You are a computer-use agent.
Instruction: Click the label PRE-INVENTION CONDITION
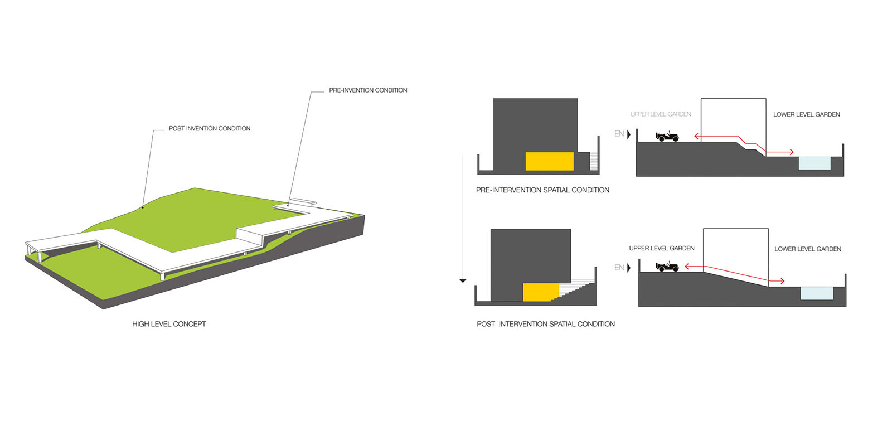pos(368,90)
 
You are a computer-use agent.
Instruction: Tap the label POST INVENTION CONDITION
pos(210,129)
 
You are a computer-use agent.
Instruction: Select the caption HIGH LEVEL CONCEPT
pos(169,324)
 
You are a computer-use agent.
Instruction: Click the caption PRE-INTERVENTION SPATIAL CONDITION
pos(542,190)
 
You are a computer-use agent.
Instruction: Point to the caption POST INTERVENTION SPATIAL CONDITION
pos(545,324)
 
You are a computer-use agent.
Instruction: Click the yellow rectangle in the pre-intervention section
pos(549,161)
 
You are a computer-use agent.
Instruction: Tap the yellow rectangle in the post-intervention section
pos(540,292)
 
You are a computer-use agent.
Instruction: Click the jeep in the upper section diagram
pos(667,137)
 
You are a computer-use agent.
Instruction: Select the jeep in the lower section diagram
pos(667,267)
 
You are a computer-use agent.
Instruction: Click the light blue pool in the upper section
pos(815,163)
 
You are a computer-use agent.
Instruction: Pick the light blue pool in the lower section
pos(817,293)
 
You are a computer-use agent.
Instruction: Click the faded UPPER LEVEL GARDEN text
pos(661,114)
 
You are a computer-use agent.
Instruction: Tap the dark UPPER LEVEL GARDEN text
pos(662,249)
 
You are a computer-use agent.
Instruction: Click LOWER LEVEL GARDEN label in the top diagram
pos(806,114)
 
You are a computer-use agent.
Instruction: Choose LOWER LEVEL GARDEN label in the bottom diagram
pos(807,249)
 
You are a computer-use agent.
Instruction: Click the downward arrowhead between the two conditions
pos(463,281)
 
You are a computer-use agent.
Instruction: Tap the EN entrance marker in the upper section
pos(622,134)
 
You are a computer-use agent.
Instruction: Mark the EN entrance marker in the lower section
pos(622,268)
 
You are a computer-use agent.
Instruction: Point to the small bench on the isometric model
pos(303,201)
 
